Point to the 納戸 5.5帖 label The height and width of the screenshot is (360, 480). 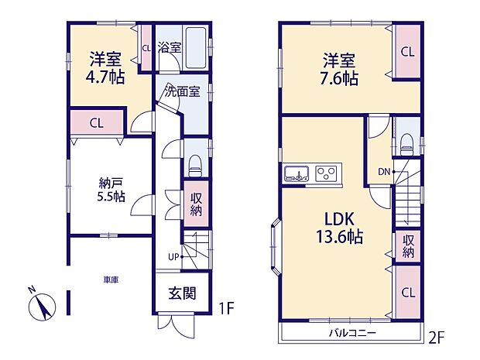pyautogui.click(x=110, y=190)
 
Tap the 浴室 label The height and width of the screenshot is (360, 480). pyautogui.click(x=170, y=46)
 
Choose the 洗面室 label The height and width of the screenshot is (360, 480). pyautogui.click(x=182, y=91)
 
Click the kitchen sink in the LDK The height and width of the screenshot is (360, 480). pyautogui.click(x=297, y=173)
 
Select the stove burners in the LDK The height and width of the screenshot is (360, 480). pyautogui.click(x=326, y=173)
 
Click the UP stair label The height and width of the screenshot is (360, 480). pyautogui.click(x=174, y=257)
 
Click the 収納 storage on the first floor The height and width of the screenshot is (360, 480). pyautogui.click(x=197, y=203)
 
